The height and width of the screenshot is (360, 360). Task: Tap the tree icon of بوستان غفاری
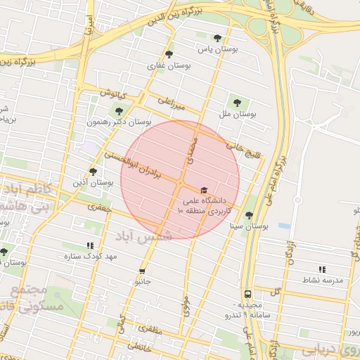tap(168, 53)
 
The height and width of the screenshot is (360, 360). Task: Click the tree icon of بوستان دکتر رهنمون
tap(117, 110)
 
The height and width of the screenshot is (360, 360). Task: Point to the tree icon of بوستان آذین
tap(93, 171)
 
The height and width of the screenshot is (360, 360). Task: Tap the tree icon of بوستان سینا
tap(249, 215)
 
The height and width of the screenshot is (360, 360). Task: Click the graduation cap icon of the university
tap(204, 190)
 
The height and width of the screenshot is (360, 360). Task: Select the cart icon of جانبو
tap(142, 271)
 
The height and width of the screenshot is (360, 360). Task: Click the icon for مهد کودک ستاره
tap(90, 245)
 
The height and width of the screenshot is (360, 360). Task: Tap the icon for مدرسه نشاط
tap(322, 269)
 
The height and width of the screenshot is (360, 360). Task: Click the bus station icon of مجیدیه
tap(247, 295)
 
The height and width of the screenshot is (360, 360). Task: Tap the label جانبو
tap(143, 281)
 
